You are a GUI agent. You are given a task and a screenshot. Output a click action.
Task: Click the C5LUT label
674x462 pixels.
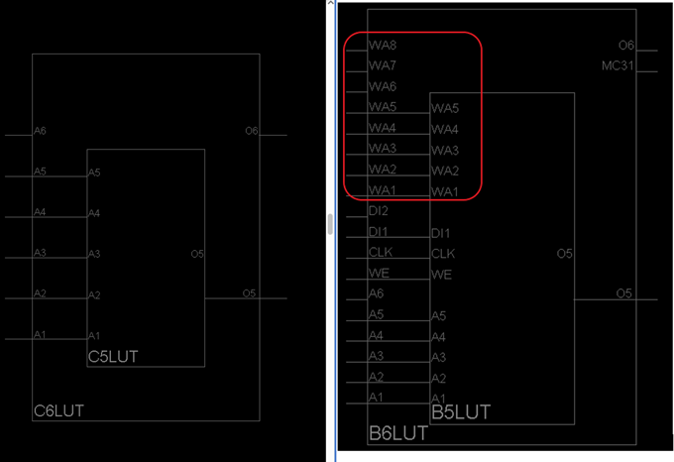click(113, 355)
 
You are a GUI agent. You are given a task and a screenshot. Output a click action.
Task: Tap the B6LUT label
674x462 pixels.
click(397, 433)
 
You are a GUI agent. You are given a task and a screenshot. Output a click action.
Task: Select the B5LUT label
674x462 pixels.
click(460, 411)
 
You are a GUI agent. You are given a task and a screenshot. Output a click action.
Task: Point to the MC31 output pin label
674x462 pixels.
click(618, 65)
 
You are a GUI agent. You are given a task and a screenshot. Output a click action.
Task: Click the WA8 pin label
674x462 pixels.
click(383, 46)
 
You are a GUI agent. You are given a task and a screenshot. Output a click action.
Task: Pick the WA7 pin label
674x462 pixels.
click(383, 65)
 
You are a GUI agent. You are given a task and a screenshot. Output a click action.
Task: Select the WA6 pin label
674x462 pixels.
click(383, 86)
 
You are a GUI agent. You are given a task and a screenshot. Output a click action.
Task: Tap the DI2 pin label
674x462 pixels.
click(379, 210)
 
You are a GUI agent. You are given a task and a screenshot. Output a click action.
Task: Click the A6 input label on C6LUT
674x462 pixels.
click(40, 131)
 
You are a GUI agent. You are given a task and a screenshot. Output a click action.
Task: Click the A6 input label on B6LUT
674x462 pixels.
click(376, 293)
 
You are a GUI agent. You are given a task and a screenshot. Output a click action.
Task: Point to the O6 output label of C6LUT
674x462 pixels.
click(251, 131)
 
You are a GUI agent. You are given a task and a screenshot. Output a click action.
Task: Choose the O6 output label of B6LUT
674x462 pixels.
click(625, 46)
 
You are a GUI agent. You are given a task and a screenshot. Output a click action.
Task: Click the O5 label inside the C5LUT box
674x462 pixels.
click(197, 254)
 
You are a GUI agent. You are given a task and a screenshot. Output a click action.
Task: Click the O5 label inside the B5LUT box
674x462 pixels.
click(564, 254)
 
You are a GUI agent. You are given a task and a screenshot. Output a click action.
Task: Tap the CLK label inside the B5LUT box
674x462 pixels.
click(443, 254)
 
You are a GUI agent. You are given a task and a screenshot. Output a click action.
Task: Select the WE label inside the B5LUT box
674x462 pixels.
click(441, 275)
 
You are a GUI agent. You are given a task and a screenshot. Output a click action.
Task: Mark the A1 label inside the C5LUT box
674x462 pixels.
click(94, 336)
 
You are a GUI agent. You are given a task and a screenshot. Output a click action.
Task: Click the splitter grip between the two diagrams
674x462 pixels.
click(330, 225)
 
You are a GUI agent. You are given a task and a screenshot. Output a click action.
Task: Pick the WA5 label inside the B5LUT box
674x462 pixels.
click(445, 108)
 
